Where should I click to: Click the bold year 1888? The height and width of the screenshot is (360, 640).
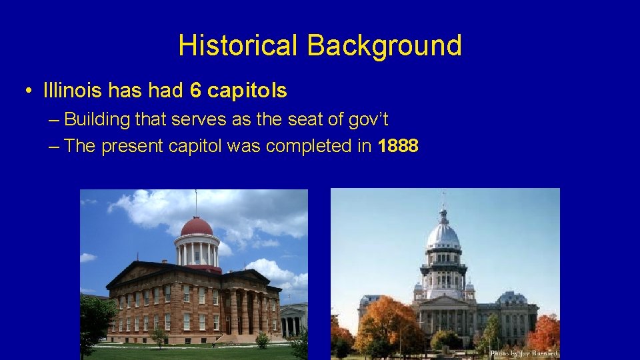[x=398, y=146]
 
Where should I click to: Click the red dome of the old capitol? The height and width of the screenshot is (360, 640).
[x=197, y=226]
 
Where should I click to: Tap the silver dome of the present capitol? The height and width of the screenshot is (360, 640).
[x=443, y=235]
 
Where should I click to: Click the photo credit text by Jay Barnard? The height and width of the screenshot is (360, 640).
[x=523, y=353]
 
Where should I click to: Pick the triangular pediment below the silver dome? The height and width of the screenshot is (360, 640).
[x=444, y=301]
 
